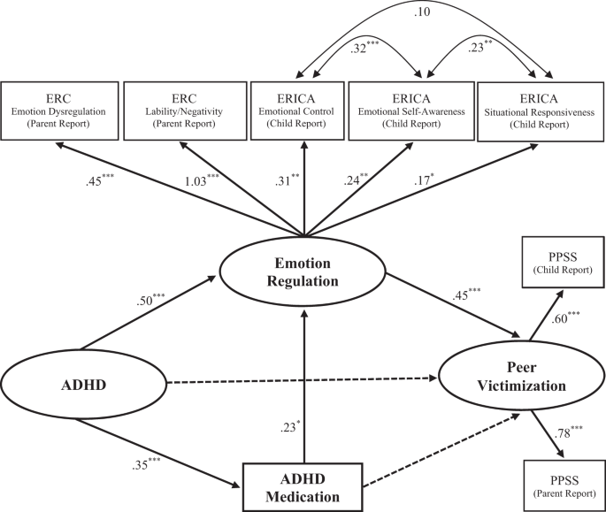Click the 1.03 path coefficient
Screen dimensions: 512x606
click(x=200, y=181)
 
